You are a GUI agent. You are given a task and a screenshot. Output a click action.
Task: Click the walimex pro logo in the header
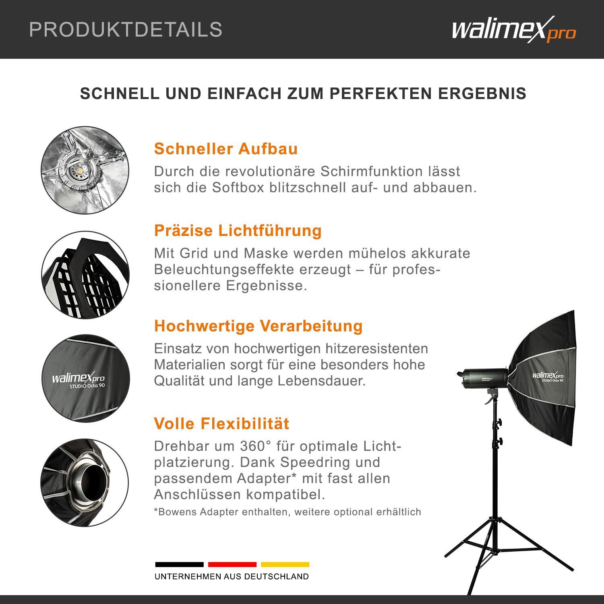[514, 30]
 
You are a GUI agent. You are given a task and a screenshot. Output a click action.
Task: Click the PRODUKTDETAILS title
[126, 30]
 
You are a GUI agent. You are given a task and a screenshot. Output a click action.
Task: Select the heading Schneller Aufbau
[226, 149]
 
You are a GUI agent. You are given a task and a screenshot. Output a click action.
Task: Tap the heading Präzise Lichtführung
[238, 231]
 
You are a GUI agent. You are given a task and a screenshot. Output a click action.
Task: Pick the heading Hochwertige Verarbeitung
[258, 326]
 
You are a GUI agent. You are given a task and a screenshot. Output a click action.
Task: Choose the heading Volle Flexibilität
[221, 424]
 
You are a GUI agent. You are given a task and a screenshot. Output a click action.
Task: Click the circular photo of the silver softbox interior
[85, 170]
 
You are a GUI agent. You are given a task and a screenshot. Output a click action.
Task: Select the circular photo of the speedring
[85, 483]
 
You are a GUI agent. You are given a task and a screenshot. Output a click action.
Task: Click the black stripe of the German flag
[179, 565]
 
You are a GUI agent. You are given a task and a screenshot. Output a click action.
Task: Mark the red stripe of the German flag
[232, 565]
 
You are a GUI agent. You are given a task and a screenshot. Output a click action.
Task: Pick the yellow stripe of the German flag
[285, 565]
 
